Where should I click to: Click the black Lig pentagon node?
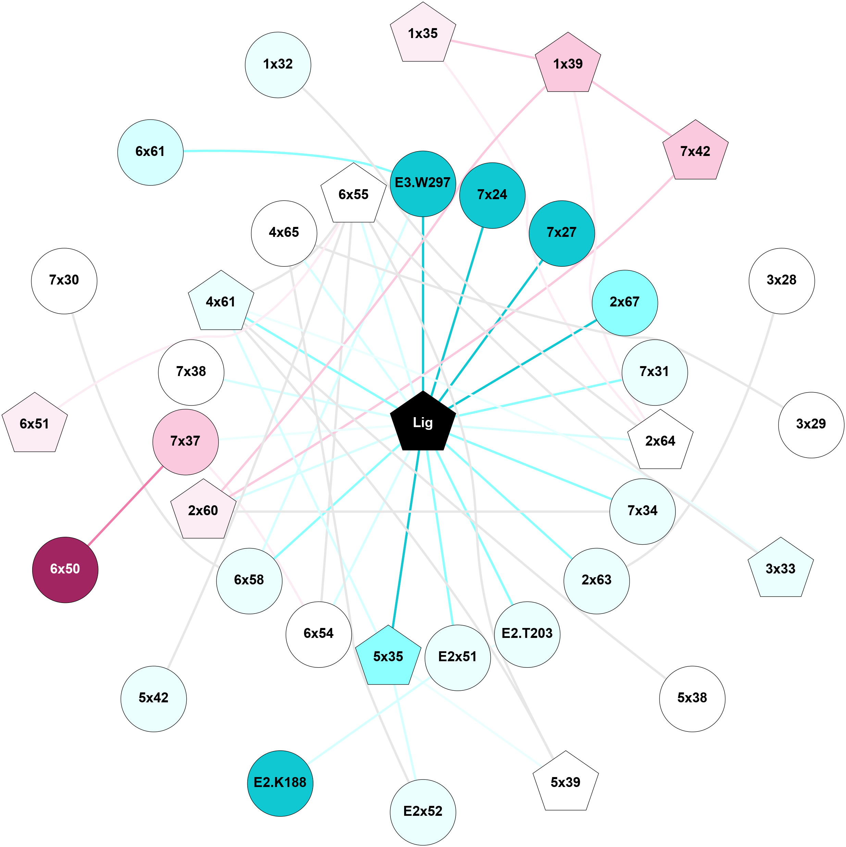(423, 423)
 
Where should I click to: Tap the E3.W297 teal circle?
(423, 183)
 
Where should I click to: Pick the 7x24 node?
(492, 195)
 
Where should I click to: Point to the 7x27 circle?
(562, 233)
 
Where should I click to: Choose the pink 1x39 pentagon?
(568, 64)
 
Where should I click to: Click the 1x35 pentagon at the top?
(423, 34)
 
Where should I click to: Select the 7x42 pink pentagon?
(695, 152)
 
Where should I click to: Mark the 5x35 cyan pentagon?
(388, 657)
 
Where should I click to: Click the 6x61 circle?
(150, 152)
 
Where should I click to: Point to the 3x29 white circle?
(811, 424)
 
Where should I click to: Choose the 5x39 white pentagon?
(565, 783)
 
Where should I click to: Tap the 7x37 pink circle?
(185, 441)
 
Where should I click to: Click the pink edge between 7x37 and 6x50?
(125, 506)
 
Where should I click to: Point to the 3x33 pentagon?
(780, 569)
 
